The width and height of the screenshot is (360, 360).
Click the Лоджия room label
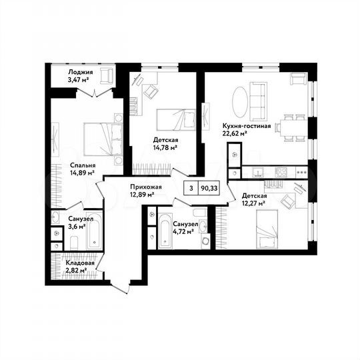click(x=80, y=72)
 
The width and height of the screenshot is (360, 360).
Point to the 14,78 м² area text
click(x=165, y=147)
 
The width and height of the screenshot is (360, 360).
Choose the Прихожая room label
click(x=143, y=188)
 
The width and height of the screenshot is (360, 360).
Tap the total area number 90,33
click(x=209, y=188)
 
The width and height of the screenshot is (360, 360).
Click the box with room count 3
click(x=191, y=188)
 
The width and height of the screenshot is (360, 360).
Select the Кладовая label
click(x=79, y=263)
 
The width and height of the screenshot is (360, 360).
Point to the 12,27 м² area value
click(x=253, y=203)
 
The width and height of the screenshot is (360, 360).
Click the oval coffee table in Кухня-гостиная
click(x=244, y=100)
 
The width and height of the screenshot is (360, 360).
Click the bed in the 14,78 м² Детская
click(x=175, y=120)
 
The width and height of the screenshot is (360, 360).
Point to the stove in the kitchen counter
click(x=281, y=172)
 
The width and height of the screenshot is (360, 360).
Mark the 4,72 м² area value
click(x=183, y=232)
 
